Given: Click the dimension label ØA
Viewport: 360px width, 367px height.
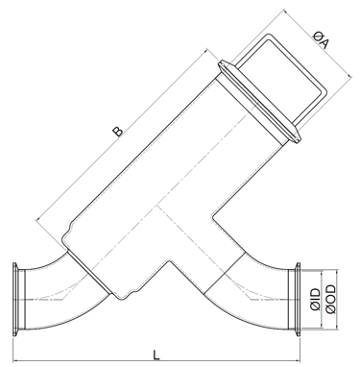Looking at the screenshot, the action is pyautogui.click(x=321, y=39).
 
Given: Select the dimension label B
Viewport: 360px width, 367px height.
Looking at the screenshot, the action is pyautogui.click(x=118, y=132).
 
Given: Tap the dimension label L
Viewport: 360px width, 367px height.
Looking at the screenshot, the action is pyautogui.click(x=156, y=355).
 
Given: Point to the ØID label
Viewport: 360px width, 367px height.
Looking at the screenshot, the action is pyautogui.click(x=316, y=299).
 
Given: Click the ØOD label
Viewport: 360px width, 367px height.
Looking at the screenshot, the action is pyautogui.click(x=331, y=299).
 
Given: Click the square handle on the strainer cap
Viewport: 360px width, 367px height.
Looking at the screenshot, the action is pyautogui.click(x=281, y=79).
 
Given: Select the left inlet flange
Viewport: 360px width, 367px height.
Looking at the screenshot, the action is pyautogui.click(x=14, y=300).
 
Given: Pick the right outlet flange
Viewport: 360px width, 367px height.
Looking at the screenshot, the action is pyautogui.click(x=298, y=300).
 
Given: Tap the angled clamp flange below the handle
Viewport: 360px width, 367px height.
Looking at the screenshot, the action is pyautogui.click(x=259, y=102).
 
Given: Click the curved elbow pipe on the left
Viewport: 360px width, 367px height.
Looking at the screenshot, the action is pyautogui.click(x=50, y=282).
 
